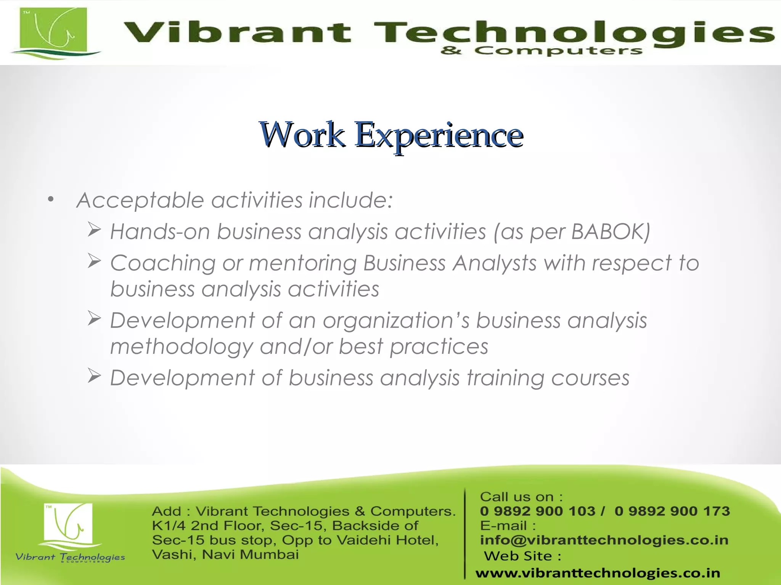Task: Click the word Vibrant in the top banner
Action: pyautogui.click(x=237, y=32)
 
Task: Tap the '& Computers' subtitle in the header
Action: pyautogui.click(x=542, y=51)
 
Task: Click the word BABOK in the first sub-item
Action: pyautogui.click(x=610, y=231)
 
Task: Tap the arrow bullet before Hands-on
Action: pyautogui.click(x=94, y=230)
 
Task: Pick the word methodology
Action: pyautogui.click(x=182, y=347)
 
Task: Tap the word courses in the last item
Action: pyautogui.click(x=590, y=378)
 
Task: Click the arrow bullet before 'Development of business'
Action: pyautogui.click(x=94, y=376)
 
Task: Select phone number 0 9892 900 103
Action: pyautogui.click(x=537, y=511)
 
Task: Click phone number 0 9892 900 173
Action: pyautogui.click(x=672, y=511)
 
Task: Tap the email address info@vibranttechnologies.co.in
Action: pyautogui.click(x=604, y=540)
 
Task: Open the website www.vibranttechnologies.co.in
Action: pyautogui.click(x=598, y=573)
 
